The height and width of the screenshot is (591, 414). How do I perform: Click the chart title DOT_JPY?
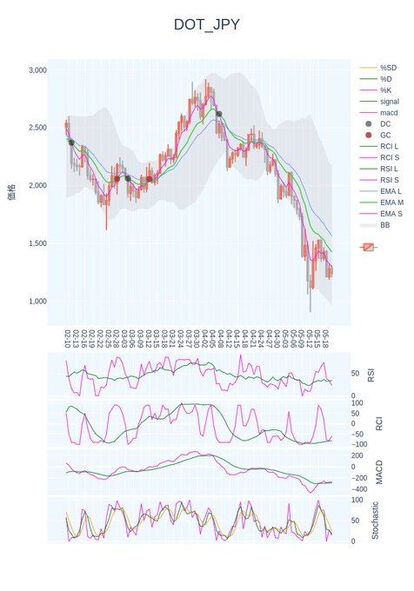206,24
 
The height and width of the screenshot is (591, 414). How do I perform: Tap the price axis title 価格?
11,191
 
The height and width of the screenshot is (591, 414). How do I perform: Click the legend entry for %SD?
388,68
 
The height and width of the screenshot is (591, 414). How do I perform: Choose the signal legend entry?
390,102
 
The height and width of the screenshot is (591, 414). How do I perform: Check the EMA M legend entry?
393,203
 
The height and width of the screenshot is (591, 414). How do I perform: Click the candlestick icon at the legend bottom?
369,247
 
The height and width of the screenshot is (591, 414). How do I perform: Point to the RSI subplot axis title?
371,375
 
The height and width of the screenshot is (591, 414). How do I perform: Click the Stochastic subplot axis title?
376,520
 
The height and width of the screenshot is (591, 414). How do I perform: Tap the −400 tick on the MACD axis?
357,489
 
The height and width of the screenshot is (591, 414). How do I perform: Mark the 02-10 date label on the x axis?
68,336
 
